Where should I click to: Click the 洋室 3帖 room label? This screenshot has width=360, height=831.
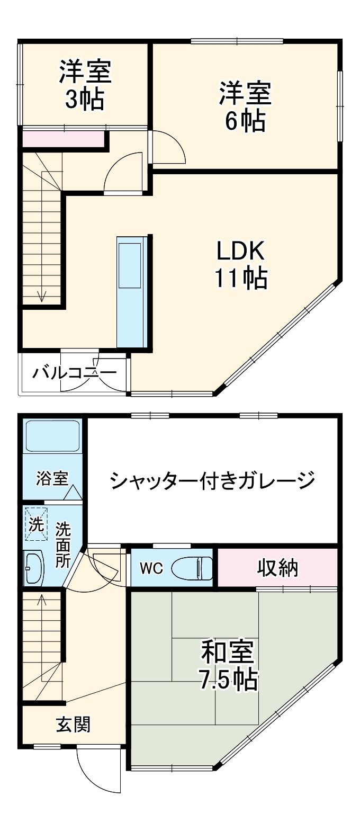coord(85,86)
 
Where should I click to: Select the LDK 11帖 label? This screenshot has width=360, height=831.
coord(240,264)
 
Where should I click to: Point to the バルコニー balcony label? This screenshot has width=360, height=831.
coord(74,373)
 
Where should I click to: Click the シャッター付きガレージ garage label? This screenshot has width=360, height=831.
coord(213,481)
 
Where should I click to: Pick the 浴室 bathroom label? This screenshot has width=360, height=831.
coord(52,478)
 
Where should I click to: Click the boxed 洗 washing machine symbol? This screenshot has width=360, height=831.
coord(36,524)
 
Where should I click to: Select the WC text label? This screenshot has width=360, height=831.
coord(151,568)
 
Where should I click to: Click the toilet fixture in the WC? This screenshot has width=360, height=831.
coord(194,568)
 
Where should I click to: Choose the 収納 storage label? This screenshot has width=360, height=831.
coord(278,568)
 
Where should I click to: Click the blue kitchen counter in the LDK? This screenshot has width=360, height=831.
coord(131,291)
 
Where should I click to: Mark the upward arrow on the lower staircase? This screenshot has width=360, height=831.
coord(42,600)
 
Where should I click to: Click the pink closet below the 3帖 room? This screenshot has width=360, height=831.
coord(62,139)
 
